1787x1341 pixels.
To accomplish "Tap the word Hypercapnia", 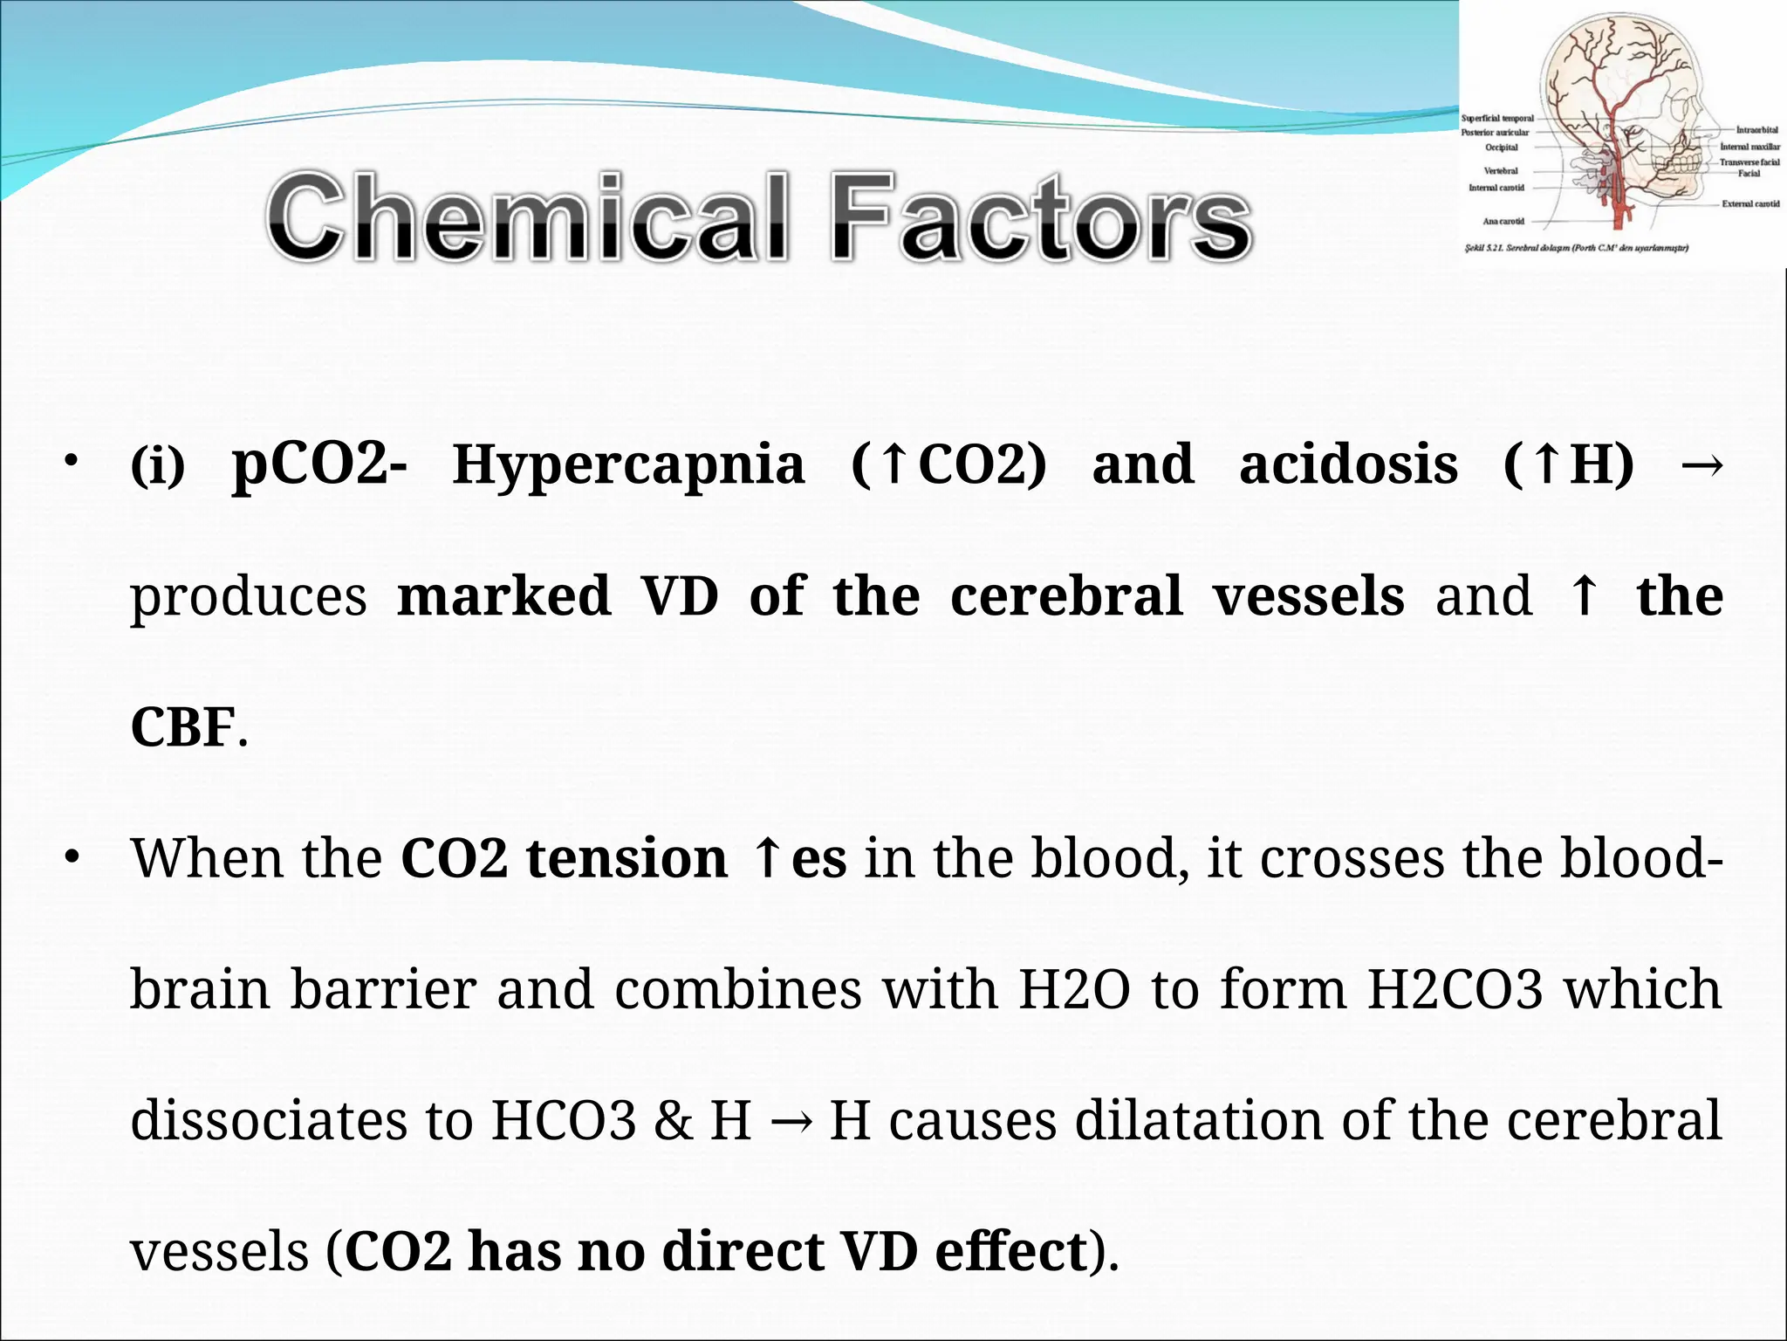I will click(x=628, y=464).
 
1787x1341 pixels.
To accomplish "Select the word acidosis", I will click(x=1348, y=464).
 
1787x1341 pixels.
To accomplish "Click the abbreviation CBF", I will click(x=182, y=727).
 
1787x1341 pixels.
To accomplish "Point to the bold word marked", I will click(x=503, y=596).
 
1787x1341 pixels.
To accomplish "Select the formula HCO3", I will click(x=564, y=1120).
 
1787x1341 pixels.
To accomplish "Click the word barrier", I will click(x=383, y=989).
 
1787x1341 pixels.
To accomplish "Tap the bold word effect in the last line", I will click(x=1011, y=1251).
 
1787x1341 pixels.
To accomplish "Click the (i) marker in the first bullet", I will click(x=158, y=466).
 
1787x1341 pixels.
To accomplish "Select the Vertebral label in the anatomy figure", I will click(x=1501, y=171).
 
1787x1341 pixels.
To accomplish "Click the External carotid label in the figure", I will click(x=1750, y=204).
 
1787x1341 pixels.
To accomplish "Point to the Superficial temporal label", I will click(x=1497, y=119).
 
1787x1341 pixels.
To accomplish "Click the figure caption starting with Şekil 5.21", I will click(x=1576, y=249).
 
